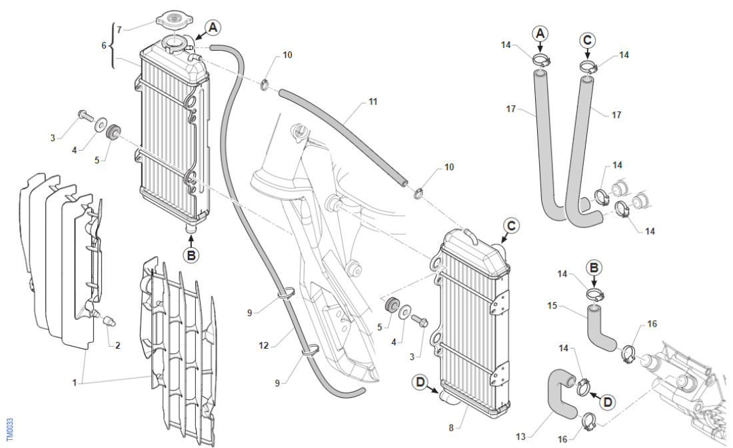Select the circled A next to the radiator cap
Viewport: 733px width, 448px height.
(212, 27)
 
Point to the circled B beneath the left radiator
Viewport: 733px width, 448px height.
(191, 254)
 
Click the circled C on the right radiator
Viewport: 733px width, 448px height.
(510, 226)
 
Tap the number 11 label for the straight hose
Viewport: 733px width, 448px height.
(372, 102)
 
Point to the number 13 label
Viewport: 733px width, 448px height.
(520, 437)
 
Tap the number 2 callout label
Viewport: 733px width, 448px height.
(118, 345)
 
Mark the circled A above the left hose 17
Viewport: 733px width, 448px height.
(540, 32)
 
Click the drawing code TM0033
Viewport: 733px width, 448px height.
(9, 429)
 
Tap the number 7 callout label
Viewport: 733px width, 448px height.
(120, 29)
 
